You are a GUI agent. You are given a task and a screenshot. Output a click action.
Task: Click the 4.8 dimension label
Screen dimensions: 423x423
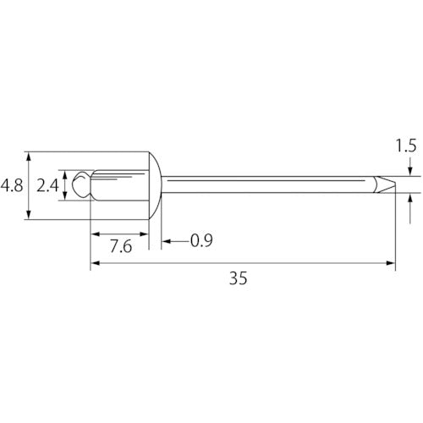pos(12,186)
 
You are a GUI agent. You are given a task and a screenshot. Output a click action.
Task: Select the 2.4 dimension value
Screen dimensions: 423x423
pos(47,186)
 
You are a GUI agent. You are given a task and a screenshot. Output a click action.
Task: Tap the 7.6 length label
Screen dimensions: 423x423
pos(121,246)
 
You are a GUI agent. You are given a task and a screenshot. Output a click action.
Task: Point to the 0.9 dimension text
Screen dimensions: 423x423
pos(201,240)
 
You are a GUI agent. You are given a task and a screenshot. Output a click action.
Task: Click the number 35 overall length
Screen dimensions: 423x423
pos(239,278)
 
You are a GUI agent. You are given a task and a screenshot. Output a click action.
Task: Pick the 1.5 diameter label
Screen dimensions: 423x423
pos(406,146)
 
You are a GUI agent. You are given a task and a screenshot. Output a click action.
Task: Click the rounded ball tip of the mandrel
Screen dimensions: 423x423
pos(81,185)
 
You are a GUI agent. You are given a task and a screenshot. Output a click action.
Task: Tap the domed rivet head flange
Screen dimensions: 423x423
pos(155,185)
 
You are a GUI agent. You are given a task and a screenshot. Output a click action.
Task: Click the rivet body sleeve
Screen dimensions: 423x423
pos(120,185)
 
